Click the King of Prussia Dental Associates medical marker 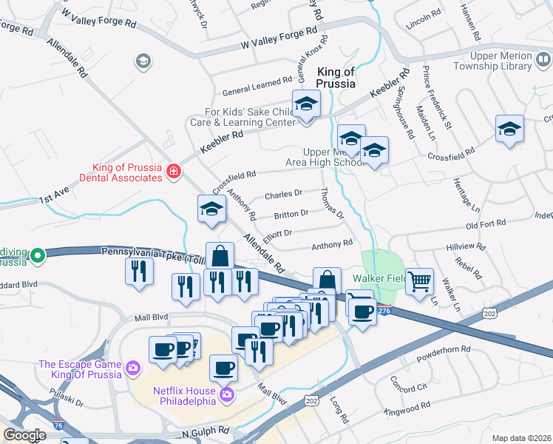pos(174,172)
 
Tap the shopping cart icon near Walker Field pos(419,281)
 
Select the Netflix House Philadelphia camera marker pos(226,396)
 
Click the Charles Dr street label pos(283,194)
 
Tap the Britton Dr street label pos(291,215)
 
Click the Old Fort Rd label pos(486,223)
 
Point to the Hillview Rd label pos(466,246)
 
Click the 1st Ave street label pos(55,198)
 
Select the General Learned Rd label pos(257,85)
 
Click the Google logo pos(24,435)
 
